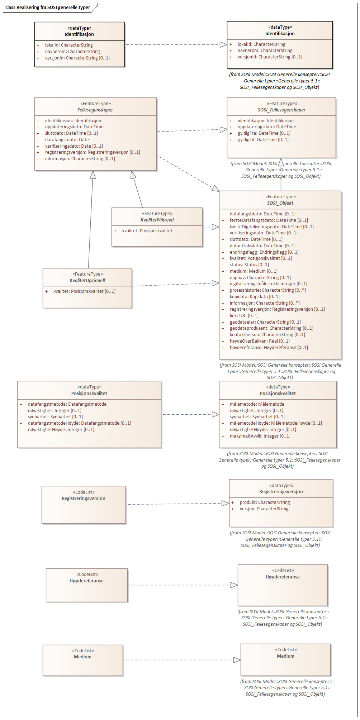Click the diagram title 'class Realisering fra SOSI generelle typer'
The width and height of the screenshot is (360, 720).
tap(48, 8)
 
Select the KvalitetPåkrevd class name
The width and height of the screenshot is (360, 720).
tap(157, 220)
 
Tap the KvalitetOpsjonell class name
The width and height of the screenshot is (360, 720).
tap(87, 281)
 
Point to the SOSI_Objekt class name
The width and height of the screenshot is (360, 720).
tap(280, 203)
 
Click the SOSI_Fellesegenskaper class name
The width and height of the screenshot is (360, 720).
tap(281, 110)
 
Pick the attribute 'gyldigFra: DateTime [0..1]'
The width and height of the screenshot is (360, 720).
tap(264, 133)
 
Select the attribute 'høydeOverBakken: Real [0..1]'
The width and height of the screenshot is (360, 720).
tap(260, 341)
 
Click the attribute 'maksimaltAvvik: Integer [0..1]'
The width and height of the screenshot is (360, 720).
tap(260, 436)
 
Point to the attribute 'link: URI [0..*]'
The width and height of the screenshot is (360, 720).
tap(244, 316)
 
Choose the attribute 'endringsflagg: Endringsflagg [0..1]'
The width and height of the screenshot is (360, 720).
tap(264, 252)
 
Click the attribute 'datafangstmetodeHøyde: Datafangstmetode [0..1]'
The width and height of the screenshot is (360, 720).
tap(79, 423)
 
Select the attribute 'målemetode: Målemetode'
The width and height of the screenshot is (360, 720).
tap(257, 404)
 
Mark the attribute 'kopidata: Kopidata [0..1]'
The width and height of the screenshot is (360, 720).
tap(255, 297)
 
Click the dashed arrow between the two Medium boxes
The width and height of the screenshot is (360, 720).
tap(179, 660)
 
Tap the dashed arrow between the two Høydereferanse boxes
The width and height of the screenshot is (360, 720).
tap(179, 585)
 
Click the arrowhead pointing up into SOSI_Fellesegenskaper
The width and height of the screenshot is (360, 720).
tap(281, 162)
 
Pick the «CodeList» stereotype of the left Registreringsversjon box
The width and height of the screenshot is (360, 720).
tap(84, 492)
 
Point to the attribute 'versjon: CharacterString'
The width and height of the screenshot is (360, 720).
tap(264, 509)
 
